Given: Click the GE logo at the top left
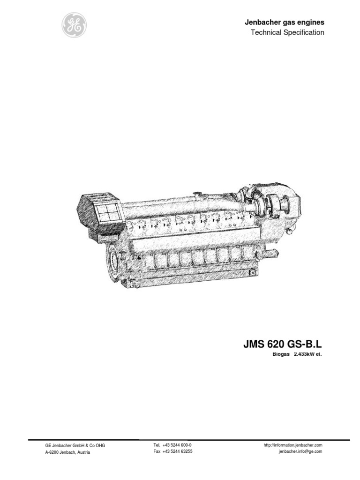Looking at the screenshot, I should [74, 25].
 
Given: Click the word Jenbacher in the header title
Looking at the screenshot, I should [261, 22].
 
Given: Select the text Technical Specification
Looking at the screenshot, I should [287, 32].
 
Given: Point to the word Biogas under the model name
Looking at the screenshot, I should [281, 354].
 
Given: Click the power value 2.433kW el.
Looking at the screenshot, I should [308, 354].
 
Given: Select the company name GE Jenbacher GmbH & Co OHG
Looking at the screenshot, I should [75, 445].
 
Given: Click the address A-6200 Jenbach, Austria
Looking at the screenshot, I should [67, 452].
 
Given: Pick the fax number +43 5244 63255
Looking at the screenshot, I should [178, 451].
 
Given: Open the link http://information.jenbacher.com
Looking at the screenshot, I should [293, 445].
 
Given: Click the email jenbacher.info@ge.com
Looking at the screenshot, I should [300, 451].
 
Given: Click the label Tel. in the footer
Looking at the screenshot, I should [157, 445].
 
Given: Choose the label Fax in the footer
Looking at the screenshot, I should [157, 451].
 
